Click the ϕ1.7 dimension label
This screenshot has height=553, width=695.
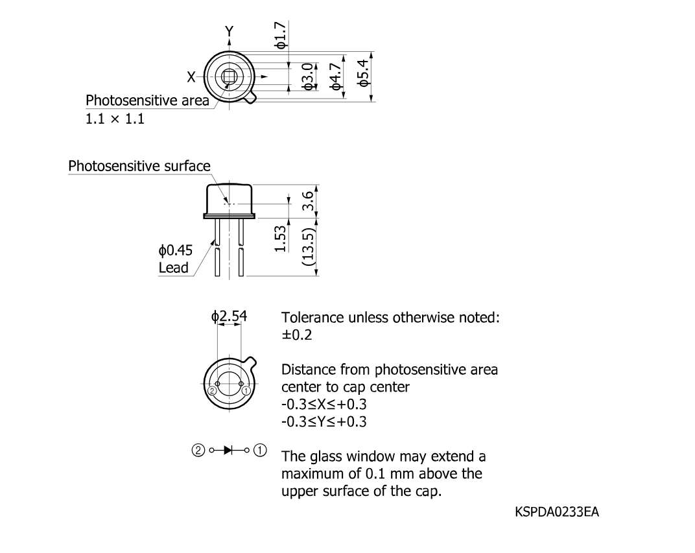pos(281,35)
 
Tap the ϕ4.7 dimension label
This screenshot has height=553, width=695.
pos(336,76)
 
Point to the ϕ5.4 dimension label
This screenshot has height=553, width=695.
pos(362,73)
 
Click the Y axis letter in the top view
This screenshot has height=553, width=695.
pos(229,31)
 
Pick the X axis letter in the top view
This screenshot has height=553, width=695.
pos(191,77)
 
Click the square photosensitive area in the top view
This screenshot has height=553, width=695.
pos(229,77)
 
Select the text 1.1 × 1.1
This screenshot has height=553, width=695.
pos(115,119)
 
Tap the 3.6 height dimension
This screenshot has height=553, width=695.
pos(309,201)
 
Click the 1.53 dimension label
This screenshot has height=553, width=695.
pos(281,239)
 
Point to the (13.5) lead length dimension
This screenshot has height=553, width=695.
pos(308,247)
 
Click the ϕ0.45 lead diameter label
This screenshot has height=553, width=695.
pos(176,250)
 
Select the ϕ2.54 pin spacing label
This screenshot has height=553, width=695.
pos(229,316)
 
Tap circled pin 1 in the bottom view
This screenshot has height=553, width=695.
pos(246,391)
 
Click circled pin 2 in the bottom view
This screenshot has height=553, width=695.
pos(212,391)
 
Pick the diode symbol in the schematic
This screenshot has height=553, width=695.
pos(229,451)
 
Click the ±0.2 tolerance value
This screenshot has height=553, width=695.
pos(297,335)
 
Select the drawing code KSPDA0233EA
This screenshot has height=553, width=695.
pos(557,512)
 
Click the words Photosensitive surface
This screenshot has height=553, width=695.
pos(139,166)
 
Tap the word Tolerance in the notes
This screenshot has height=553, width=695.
pos(312,317)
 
